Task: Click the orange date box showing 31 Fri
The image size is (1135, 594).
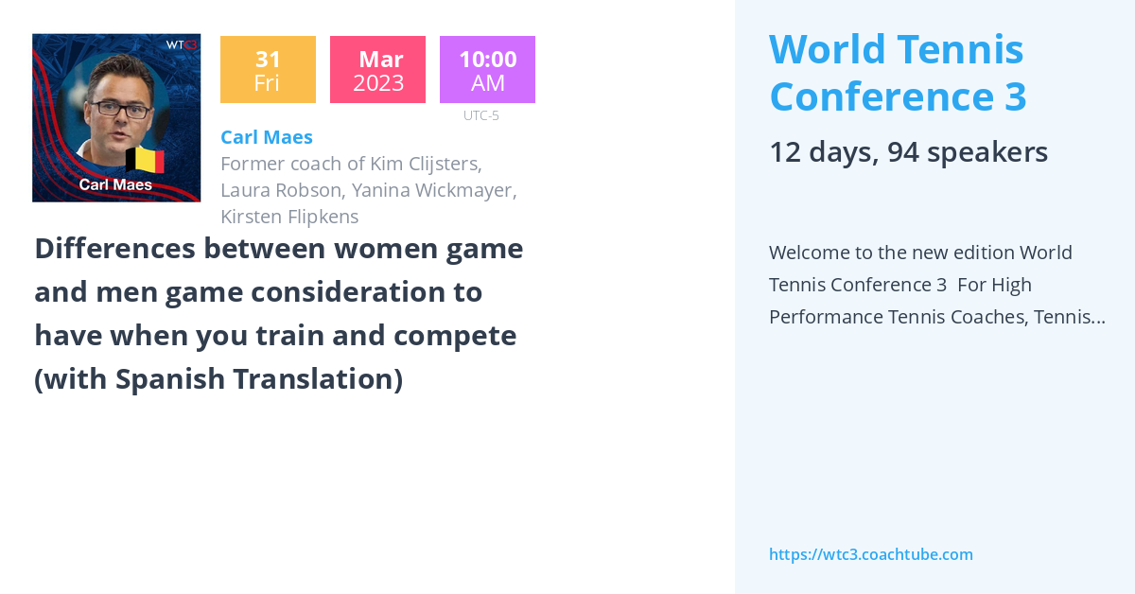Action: tap(268, 70)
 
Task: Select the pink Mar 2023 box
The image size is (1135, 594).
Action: tap(377, 70)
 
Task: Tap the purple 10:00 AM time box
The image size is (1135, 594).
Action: tap(487, 70)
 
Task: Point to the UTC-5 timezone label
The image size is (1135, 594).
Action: tap(480, 115)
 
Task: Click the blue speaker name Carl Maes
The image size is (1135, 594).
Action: tap(266, 137)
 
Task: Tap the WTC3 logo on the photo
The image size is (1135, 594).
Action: tap(181, 44)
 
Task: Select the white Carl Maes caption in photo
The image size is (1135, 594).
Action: tap(115, 184)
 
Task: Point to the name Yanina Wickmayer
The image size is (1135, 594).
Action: tap(434, 190)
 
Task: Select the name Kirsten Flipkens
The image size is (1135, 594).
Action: tap(289, 217)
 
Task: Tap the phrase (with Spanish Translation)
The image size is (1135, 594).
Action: tap(218, 379)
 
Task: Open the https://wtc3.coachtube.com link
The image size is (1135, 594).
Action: tap(870, 554)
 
